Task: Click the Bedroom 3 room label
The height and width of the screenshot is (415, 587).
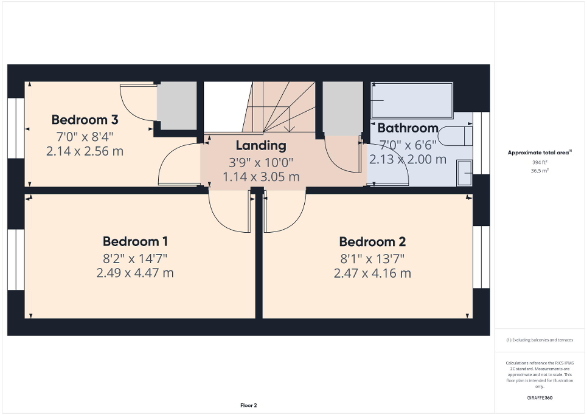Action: [x=85, y=119]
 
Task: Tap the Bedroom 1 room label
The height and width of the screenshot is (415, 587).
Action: [x=135, y=241]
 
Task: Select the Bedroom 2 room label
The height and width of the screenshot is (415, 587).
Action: [x=372, y=241]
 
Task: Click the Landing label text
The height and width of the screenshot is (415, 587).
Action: [x=260, y=145]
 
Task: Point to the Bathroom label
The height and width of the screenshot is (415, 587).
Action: [x=408, y=128]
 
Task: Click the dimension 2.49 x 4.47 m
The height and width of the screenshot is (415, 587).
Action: [x=135, y=273]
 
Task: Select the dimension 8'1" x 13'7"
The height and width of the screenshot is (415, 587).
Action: [x=372, y=258]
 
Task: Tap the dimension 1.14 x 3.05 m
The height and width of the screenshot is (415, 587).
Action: [x=260, y=177]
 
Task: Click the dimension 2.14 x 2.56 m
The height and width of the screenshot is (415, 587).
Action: [x=85, y=151]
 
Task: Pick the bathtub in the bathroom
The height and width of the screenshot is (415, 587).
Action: [x=412, y=100]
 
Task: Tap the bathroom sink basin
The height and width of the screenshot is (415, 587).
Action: [x=464, y=174]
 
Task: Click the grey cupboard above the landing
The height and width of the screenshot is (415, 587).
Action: [x=342, y=108]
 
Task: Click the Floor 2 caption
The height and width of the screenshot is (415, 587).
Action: [x=249, y=405]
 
